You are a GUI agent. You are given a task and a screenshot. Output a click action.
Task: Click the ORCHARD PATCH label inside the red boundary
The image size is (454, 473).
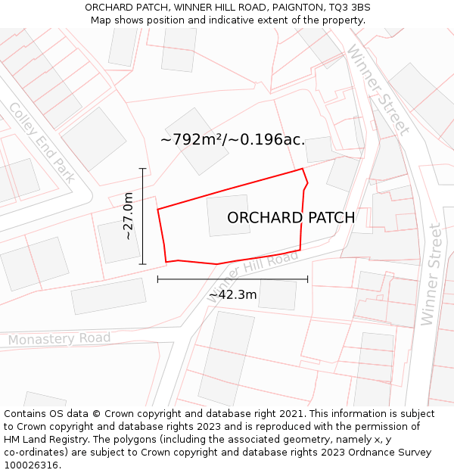291,218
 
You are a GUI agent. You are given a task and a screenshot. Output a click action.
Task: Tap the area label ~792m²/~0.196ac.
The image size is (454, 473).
232,140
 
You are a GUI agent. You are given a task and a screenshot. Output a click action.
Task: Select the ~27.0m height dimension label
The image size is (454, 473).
128,216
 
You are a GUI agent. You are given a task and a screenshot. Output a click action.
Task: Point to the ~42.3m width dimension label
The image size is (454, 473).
232,294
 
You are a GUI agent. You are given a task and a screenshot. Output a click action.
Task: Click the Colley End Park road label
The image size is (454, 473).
42,142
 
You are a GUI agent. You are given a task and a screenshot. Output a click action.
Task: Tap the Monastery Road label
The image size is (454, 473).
59,339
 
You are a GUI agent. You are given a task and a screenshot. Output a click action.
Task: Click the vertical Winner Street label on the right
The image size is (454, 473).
431,275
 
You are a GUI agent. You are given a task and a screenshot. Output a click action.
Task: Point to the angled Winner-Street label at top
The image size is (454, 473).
378,89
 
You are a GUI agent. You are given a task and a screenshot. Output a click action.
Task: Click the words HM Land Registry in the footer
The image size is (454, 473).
41,439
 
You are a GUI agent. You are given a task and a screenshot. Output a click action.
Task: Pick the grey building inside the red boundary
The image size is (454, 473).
229,216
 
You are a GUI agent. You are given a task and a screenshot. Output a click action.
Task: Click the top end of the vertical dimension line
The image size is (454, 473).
142,168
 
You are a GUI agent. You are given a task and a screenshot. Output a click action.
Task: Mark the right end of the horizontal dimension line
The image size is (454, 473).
308,279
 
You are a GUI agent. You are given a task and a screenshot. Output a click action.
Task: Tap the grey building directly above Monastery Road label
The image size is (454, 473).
109,296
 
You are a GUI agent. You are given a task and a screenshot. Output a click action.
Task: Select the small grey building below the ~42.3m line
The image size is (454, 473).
277,294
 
